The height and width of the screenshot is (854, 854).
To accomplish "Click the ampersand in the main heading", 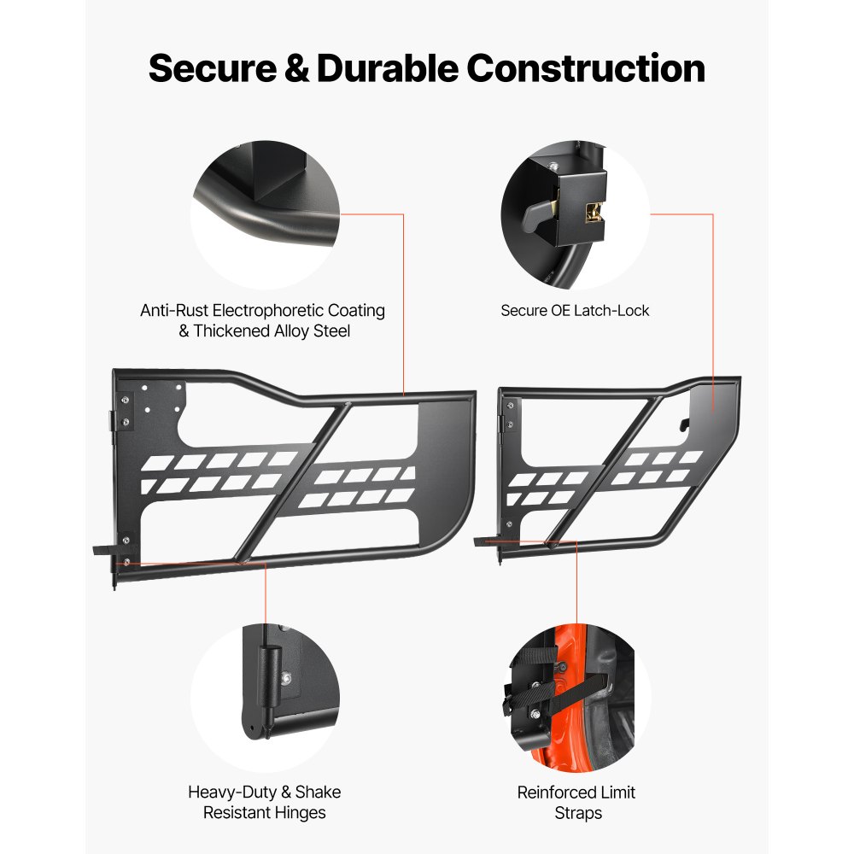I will pyautogui.click(x=297, y=68).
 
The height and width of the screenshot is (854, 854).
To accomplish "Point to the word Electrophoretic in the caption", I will pyautogui.click(x=290, y=311).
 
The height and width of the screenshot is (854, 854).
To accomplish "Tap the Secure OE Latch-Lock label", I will pyautogui.click(x=575, y=311).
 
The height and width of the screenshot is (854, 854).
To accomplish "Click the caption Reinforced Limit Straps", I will pyautogui.click(x=576, y=803).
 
